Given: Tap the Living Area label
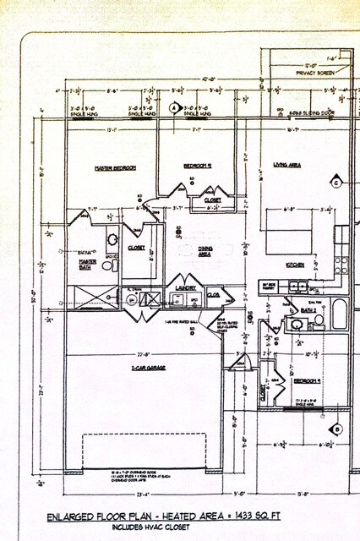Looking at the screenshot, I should (x=287, y=165).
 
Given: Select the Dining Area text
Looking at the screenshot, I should (x=205, y=250).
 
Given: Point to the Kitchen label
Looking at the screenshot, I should (x=295, y=265).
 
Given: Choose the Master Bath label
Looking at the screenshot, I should (x=88, y=264).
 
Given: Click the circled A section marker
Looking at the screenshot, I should (x=175, y=108).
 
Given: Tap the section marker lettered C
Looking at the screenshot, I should (x=335, y=183).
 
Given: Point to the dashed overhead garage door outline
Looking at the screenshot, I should (x=144, y=452).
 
